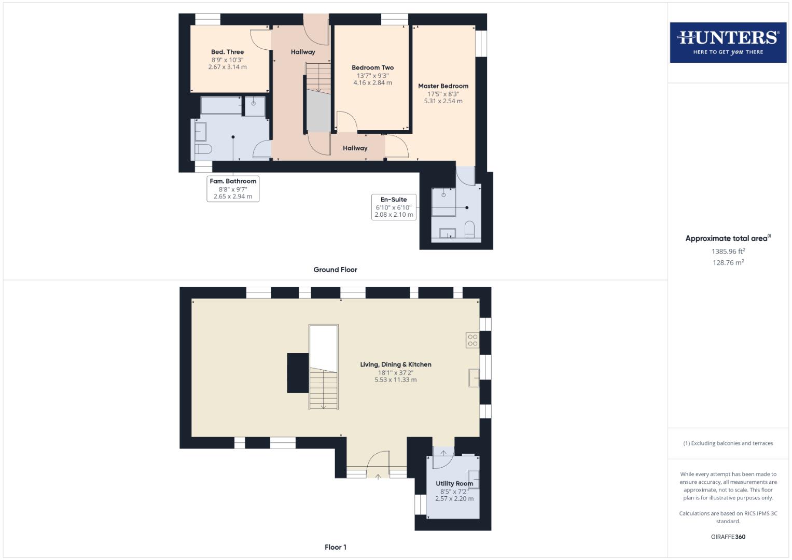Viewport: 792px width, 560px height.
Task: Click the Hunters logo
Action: click(x=728, y=43)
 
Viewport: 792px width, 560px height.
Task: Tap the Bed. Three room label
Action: click(x=227, y=52)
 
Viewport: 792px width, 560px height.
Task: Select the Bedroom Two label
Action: click(x=372, y=67)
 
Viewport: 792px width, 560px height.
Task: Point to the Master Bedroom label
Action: click(x=443, y=86)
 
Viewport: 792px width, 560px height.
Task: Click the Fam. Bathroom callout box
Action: click(x=233, y=189)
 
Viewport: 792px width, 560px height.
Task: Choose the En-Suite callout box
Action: click(x=394, y=207)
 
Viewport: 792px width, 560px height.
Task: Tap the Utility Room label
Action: click(x=454, y=484)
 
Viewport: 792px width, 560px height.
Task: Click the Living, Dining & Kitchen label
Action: click(x=396, y=365)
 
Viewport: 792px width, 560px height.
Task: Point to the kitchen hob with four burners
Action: click(x=473, y=340)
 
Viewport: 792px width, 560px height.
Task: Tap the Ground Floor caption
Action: click(x=335, y=270)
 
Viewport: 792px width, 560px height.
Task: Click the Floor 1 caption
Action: click(x=336, y=547)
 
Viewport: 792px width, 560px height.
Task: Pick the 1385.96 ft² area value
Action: click(x=728, y=251)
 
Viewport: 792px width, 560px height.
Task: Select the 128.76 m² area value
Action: click(x=728, y=263)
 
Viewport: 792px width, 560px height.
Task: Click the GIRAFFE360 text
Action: click(x=728, y=537)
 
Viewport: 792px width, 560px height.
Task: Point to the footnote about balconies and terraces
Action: click(x=728, y=443)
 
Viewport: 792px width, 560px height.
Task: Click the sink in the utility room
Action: click(x=473, y=479)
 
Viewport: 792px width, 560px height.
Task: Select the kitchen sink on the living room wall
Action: click(x=474, y=377)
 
